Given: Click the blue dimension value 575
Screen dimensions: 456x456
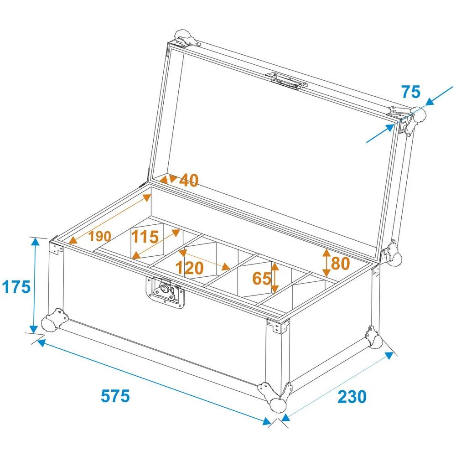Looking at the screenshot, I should (x=115, y=395).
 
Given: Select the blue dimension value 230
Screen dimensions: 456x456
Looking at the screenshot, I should (x=352, y=397).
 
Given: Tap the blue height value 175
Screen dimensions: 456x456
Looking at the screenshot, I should (x=16, y=287).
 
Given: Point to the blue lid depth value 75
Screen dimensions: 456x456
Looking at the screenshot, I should (x=411, y=92).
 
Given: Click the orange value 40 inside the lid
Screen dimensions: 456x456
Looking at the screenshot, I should (x=189, y=181).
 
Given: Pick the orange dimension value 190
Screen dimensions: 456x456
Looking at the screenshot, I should (x=100, y=236).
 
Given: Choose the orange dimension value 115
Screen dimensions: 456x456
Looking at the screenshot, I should (x=145, y=237).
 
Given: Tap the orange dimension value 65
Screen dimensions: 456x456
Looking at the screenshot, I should (x=262, y=278).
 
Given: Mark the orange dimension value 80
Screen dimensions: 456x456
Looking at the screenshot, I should (x=340, y=263).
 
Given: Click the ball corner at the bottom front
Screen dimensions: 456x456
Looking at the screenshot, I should (x=276, y=404).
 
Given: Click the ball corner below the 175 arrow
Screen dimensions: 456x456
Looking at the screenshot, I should (x=49, y=323).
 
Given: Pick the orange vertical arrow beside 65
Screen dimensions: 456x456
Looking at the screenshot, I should (x=275, y=278).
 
